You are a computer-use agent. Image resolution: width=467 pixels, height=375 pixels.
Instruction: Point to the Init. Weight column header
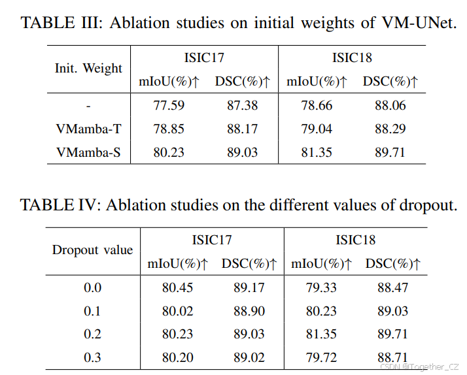[x=88, y=69]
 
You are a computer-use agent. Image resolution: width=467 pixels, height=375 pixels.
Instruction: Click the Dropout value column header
[x=92, y=250]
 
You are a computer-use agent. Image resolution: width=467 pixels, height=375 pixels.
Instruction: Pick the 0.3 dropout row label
[x=92, y=357]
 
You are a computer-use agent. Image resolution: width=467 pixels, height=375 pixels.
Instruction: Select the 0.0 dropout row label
[x=92, y=287]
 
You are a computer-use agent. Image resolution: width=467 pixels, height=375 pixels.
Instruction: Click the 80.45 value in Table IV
[x=177, y=287]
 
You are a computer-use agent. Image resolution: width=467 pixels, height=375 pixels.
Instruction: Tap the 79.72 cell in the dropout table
[x=321, y=357]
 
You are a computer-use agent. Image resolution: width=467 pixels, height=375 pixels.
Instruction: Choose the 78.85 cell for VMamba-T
[x=168, y=129]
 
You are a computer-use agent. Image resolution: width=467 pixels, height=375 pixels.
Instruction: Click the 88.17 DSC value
[x=242, y=129]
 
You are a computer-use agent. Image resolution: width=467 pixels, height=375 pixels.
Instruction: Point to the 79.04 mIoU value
[x=316, y=129]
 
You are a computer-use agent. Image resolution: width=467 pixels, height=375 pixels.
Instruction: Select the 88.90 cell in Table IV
[x=249, y=310]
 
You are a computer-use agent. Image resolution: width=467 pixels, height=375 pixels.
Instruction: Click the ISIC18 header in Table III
[x=352, y=57]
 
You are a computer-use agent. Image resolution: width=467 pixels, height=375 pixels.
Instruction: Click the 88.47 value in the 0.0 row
[x=392, y=287]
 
